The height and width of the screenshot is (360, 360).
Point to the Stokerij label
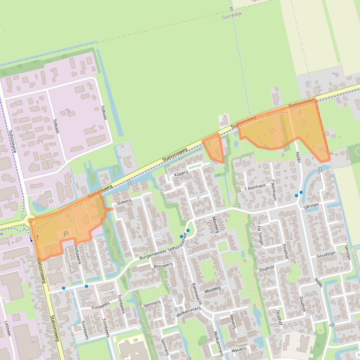[124, 202]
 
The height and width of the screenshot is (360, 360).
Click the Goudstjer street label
[326, 255]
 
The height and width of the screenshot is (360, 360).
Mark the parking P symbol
[66, 234]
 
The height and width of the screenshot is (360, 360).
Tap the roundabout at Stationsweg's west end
[30, 220]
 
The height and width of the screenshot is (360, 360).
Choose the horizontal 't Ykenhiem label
[257, 187]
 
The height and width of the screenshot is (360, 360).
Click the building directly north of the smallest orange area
[223, 121]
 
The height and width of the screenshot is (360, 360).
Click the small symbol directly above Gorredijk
[231, 8]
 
